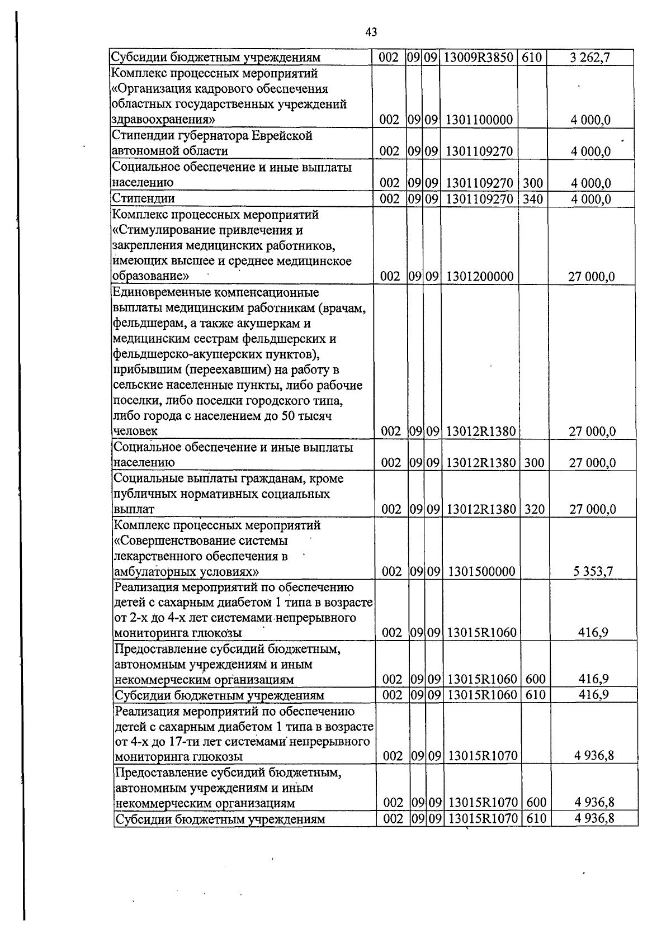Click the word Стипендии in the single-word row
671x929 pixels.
[144, 198]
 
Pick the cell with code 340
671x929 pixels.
[532, 199]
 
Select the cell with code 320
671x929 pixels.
[535, 509]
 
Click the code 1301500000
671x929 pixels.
[481, 571]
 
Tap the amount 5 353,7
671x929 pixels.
[593, 571]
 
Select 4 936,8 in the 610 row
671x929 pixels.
[594, 819]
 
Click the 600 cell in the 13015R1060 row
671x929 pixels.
[536, 679]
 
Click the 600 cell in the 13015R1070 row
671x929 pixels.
[536, 803]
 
